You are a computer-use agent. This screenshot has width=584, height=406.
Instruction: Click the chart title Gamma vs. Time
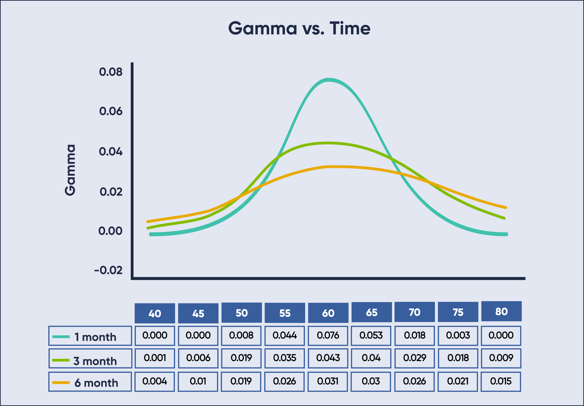pos(299,28)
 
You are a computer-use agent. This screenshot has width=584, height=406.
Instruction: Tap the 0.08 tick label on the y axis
pos(111,72)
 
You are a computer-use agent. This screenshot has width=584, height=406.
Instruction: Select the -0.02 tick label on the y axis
pos(108,270)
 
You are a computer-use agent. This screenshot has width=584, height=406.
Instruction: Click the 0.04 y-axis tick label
pos(111,152)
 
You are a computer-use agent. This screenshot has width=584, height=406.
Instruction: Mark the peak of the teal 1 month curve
pos(329,80)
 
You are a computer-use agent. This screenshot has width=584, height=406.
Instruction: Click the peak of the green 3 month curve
pos(328,143)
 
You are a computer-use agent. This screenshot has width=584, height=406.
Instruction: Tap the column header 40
pos(155,313)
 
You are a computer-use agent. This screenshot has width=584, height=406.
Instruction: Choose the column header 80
pos(501,311)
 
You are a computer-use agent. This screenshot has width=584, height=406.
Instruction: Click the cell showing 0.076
pos(328,336)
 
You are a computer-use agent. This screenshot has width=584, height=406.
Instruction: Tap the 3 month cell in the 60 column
pos(328,358)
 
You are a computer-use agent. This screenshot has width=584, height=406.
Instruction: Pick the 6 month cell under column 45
pos(198,381)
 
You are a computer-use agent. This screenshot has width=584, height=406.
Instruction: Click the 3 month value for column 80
pos(501,358)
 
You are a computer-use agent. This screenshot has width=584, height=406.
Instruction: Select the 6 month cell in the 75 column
pos(458,381)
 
